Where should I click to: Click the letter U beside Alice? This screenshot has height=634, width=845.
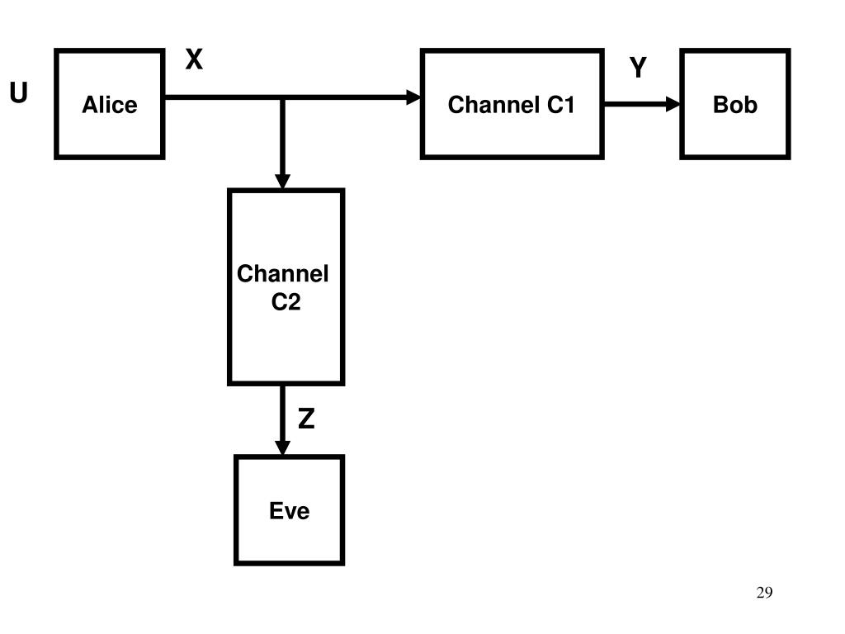[18, 95]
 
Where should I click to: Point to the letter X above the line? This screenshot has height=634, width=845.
[193, 60]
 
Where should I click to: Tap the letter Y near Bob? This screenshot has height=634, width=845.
[638, 69]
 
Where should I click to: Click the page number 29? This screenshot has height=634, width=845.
[763, 593]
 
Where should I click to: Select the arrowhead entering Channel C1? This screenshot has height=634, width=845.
[414, 97]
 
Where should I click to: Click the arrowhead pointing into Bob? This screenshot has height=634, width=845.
[673, 104]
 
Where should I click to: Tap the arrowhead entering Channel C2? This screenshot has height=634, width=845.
[283, 182]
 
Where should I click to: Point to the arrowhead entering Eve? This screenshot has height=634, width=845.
[283, 447]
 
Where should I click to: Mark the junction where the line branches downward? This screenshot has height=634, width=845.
[283, 97]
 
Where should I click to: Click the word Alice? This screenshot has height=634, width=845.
[110, 105]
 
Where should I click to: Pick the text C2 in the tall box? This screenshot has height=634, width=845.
[286, 303]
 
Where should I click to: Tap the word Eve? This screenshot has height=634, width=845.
[289, 511]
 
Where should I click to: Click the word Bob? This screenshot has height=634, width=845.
[734, 105]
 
